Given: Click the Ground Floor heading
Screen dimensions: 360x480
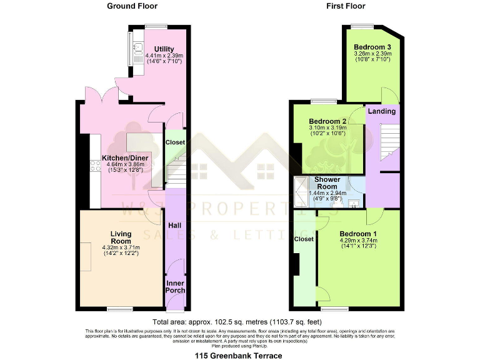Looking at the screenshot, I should pos(132,6).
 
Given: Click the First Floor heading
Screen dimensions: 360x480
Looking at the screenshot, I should pos(345,6).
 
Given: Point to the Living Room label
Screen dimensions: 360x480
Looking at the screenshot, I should pos(121,237).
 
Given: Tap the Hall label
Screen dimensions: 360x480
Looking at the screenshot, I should pos(176,224).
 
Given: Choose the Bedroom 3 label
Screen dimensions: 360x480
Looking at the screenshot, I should pos(372,47).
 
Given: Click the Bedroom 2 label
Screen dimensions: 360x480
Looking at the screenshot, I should pos(327,121).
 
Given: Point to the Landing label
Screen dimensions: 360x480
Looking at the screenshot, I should pos(381,111).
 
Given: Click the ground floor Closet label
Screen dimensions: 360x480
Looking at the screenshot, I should pos(175,142).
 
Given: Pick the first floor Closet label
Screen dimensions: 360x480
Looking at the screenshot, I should pos(304,239).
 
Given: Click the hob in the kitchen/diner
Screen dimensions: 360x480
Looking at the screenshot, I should pos(96,166).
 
